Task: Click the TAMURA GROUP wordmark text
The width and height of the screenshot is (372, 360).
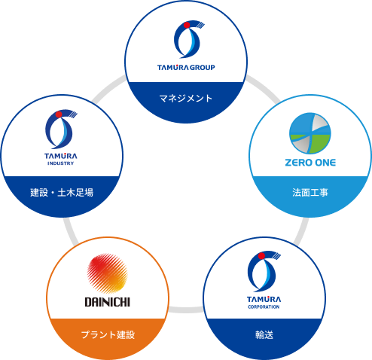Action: [186, 68]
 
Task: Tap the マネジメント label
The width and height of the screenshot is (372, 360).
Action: [186, 98]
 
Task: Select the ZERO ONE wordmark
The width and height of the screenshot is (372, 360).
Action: [311, 162]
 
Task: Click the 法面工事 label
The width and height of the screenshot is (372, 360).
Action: [310, 193]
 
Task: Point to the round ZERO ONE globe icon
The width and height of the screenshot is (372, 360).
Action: [310, 133]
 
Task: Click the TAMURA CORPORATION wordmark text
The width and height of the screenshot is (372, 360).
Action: [264, 302]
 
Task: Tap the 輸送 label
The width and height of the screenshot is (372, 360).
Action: [264, 333]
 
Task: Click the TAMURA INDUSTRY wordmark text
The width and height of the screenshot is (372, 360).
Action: [61, 160]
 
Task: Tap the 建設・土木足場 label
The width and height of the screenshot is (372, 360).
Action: [62, 194]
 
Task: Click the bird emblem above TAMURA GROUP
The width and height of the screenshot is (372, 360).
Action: [187, 39]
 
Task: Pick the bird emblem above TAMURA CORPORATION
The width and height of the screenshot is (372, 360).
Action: [264, 272]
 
